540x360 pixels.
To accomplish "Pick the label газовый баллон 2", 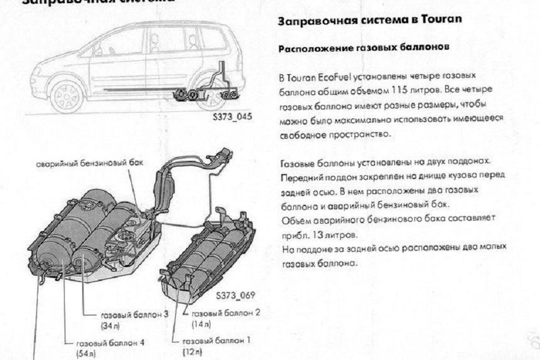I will point(221,313).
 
